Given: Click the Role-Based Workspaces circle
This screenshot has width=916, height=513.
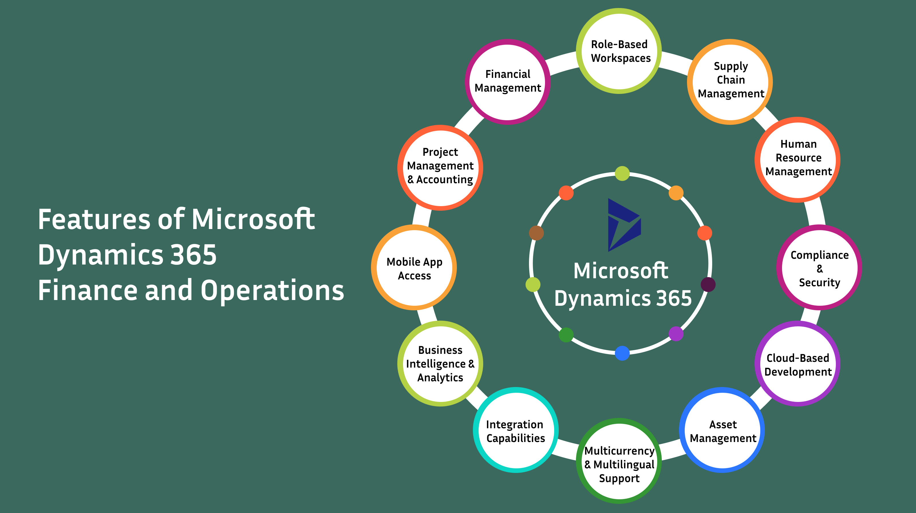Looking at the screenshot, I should (x=619, y=51).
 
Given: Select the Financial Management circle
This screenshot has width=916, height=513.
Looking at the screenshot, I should (x=508, y=81).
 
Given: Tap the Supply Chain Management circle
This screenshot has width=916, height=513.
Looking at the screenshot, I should (x=731, y=81).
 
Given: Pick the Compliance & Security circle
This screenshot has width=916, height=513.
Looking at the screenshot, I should (x=819, y=267).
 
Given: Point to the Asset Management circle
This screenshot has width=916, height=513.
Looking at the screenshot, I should (x=722, y=430).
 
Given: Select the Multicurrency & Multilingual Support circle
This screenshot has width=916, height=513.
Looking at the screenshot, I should (x=619, y=461).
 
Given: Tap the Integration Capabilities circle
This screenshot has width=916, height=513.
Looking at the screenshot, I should (x=516, y=430).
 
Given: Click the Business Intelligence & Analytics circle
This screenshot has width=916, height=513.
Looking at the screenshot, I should (x=440, y=364).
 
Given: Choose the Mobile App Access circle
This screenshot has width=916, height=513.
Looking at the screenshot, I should (x=414, y=267).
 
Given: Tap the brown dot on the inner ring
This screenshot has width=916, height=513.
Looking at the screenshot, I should (x=536, y=233).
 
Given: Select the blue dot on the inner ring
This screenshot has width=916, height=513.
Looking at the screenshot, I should (x=622, y=353).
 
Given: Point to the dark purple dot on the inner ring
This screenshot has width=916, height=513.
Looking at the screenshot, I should (x=708, y=284).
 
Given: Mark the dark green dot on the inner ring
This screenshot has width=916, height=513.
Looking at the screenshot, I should (x=566, y=335).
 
